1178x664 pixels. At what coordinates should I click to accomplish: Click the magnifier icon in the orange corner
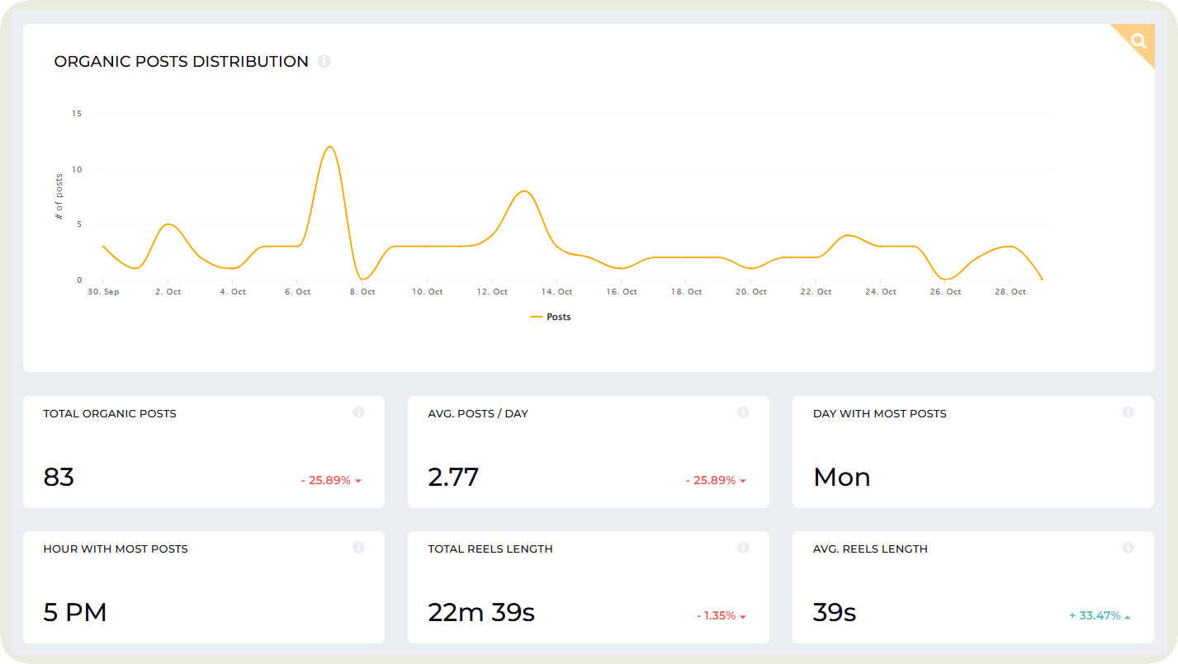tap(1138, 40)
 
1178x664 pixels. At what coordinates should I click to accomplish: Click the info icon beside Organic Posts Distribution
tap(324, 62)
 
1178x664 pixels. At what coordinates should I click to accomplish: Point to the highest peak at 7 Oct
tap(330, 147)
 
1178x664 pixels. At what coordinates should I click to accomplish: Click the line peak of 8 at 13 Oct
tap(524, 191)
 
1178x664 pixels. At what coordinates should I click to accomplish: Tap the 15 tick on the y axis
tap(77, 114)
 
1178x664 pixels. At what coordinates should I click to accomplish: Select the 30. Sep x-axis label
tap(103, 292)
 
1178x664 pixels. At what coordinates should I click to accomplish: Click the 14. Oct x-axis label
tap(557, 292)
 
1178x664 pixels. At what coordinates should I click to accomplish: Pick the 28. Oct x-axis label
tap(1010, 292)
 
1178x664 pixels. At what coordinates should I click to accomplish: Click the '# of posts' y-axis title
tap(59, 196)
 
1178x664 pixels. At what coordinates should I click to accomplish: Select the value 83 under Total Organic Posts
tap(59, 477)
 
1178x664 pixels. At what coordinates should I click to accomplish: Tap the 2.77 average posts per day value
tap(453, 477)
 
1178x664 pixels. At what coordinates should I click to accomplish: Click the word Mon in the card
tap(841, 477)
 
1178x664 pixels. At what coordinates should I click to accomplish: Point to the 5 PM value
tap(75, 612)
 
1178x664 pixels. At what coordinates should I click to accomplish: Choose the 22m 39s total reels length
tap(481, 612)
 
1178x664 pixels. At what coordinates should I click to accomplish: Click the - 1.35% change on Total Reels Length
tap(721, 615)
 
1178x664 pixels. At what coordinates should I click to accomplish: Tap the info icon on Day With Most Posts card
tap(1128, 412)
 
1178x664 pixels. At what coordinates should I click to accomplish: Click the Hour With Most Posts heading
tap(116, 549)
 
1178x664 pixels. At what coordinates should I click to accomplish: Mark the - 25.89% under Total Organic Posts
tap(330, 480)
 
